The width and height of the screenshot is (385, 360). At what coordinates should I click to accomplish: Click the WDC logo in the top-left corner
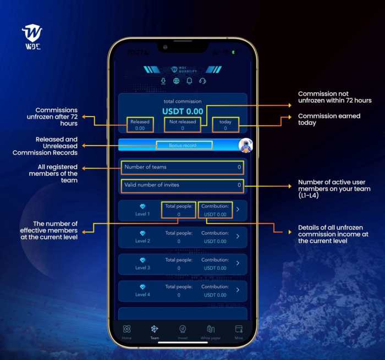(x=32, y=36)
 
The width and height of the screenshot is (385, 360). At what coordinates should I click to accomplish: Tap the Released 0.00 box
(x=140, y=125)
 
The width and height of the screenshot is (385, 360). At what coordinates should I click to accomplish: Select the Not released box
(x=183, y=125)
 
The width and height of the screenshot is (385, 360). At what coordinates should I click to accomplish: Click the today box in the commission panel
(x=225, y=125)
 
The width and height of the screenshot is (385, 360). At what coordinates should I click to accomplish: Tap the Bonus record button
(x=183, y=145)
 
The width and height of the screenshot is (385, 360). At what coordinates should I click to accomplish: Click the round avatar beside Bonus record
(x=246, y=145)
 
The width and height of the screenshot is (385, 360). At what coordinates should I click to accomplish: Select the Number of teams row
(x=183, y=167)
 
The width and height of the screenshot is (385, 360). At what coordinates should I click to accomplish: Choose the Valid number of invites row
(x=183, y=185)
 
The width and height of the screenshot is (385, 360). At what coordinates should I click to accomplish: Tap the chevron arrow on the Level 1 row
(x=238, y=209)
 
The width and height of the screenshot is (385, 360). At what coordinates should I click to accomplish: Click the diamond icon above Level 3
(x=142, y=260)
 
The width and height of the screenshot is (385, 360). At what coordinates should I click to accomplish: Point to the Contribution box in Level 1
(x=215, y=209)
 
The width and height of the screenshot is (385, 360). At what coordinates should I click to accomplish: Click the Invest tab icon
(x=183, y=329)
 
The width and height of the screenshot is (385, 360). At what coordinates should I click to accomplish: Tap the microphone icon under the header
(x=163, y=81)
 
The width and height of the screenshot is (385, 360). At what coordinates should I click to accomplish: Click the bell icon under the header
(x=189, y=81)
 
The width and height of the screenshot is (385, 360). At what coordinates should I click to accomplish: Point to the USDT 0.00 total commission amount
(x=183, y=111)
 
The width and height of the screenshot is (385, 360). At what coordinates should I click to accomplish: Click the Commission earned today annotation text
(x=329, y=119)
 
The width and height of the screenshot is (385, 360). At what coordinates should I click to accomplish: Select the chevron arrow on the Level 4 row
(x=238, y=290)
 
